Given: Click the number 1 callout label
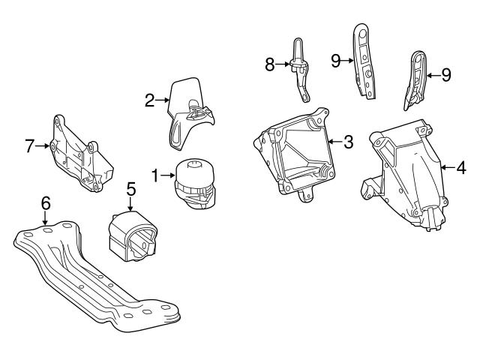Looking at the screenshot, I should pyautogui.click(x=155, y=176).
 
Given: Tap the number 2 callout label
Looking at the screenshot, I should pyautogui.click(x=149, y=98).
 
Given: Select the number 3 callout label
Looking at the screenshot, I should pyautogui.click(x=348, y=142).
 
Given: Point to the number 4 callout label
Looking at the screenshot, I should pyautogui.click(x=460, y=169).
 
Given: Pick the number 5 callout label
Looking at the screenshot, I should pyautogui.click(x=130, y=190).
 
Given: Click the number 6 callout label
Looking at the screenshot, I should pyautogui.click(x=46, y=202).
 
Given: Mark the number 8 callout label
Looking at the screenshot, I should pyautogui.click(x=270, y=64).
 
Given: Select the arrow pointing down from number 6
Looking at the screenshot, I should pyautogui.click(x=46, y=217).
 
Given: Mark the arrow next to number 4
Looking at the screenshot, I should pyautogui.click(x=448, y=169).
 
